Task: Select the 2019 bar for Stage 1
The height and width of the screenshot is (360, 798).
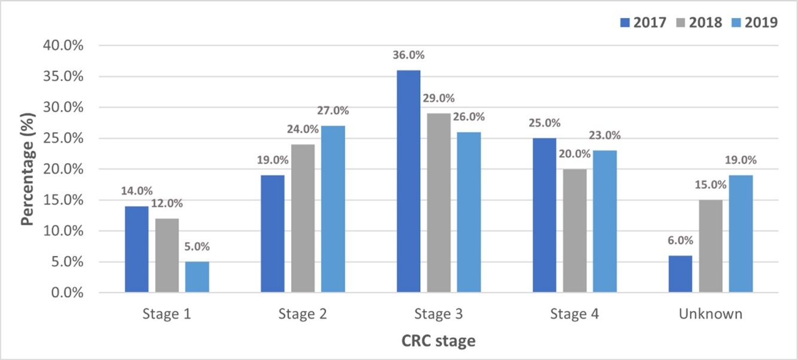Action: click(x=197, y=277)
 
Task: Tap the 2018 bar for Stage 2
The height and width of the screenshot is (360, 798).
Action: click(x=303, y=218)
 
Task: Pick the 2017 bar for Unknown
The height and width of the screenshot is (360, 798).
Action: click(x=680, y=274)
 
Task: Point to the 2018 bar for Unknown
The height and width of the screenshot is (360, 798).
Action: click(x=710, y=246)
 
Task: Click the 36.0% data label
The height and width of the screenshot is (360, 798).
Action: click(x=409, y=56)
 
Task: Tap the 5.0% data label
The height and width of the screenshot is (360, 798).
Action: click(x=197, y=247)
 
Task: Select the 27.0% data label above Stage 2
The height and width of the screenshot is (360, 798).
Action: click(x=333, y=111)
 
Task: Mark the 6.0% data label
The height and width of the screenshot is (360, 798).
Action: click(x=680, y=240)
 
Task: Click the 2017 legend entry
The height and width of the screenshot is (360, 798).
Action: click(x=643, y=23)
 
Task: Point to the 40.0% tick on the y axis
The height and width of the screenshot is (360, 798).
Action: click(x=65, y=46)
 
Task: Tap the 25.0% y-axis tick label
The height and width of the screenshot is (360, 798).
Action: click(x=65, y=139)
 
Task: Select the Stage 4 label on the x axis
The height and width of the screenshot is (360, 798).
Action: click(x=573, y=314)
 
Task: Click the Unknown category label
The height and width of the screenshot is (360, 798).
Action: click(x=710, y=314)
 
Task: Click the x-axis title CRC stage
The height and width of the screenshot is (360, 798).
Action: click(x=439, y=341)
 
